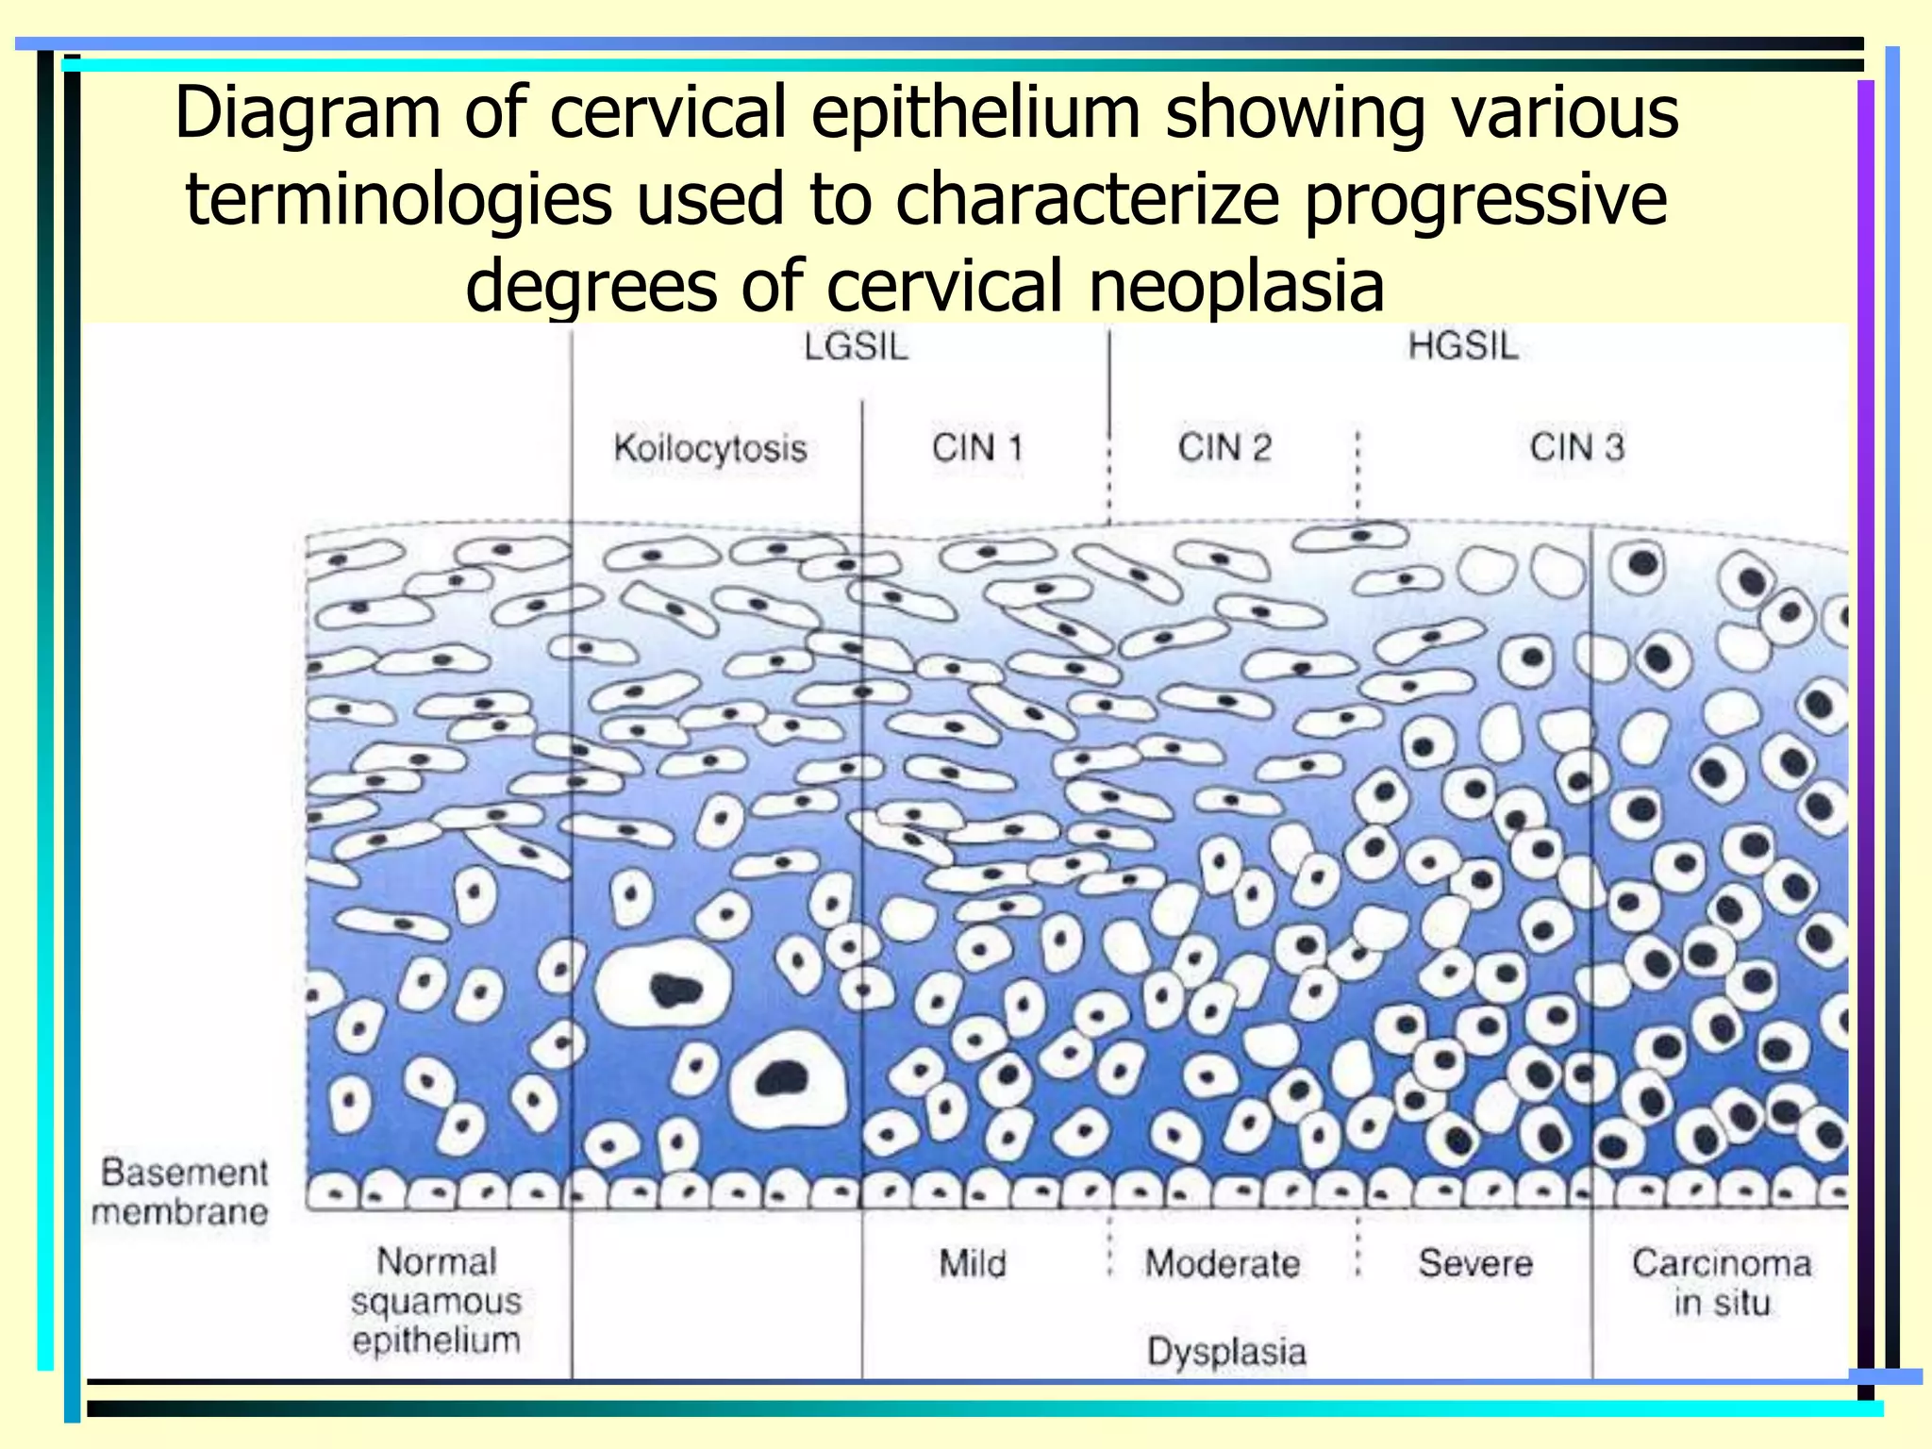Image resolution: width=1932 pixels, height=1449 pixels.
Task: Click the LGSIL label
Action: pos(856,347)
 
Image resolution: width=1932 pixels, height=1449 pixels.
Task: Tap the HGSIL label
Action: pos(1463,346)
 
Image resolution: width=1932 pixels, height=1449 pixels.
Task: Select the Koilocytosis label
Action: pos(710,448)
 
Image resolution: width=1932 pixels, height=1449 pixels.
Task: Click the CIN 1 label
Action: pos(977,447)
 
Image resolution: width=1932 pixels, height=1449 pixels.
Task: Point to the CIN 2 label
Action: pos(1224,447)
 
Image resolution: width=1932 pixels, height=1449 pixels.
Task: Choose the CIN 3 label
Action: pos(1576,447)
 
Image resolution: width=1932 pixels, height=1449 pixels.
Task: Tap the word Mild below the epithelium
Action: pos(972,1263)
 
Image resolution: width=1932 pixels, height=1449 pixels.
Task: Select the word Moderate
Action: pos(1223,1263)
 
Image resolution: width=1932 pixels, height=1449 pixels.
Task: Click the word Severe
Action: pos(1475,1263)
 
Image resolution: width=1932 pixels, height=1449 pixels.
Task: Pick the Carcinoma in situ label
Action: pos(1722,1282)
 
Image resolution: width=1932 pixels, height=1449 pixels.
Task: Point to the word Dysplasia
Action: pos(1226,1352)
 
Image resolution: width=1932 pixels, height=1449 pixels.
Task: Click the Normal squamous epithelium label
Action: pos(436,1301)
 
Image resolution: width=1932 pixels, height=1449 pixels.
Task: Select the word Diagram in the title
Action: pos(308,114)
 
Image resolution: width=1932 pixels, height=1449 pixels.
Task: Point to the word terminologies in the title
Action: pos(398,200)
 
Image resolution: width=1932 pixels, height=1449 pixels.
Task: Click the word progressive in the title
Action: pos(1485,200)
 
